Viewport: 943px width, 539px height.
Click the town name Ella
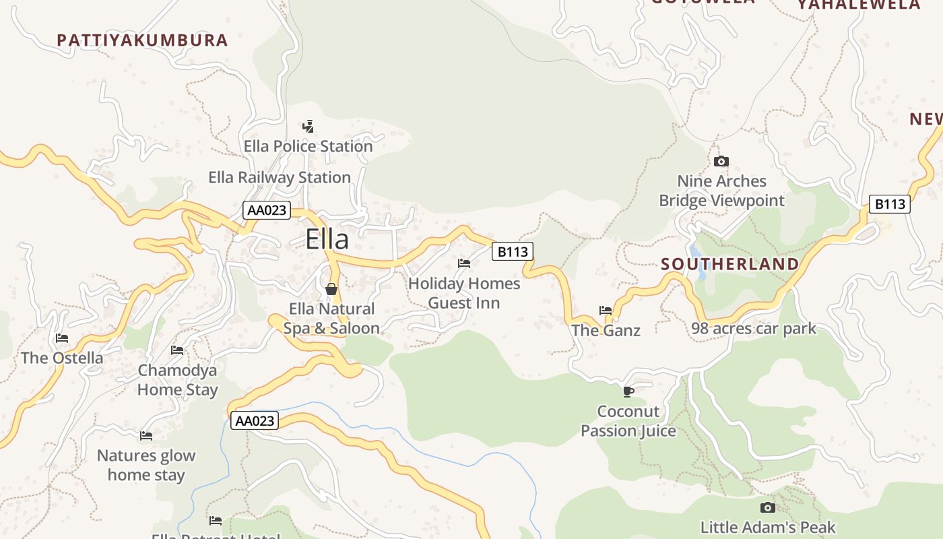[327, 240]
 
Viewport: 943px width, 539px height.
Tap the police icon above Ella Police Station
[308, 126]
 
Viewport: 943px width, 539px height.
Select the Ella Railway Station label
[280, 177]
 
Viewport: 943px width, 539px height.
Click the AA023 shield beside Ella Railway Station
[267, 210]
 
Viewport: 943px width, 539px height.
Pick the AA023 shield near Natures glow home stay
[254, 421]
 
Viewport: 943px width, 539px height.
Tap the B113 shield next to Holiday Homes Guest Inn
[513, 252]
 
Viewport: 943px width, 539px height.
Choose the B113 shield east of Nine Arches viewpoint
[889, 203]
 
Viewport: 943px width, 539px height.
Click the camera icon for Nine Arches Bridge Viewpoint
[721, 162]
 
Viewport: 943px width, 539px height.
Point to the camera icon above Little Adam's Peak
[767, 507]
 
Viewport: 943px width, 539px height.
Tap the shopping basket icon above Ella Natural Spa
[331, 289]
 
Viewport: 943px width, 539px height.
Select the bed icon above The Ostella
[62, 338]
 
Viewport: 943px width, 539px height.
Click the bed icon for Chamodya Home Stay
[177, 350]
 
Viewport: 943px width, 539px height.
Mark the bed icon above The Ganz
[606, 311]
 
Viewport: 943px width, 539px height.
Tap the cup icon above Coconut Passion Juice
[628, 391]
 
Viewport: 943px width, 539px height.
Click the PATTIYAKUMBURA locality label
[143, 40]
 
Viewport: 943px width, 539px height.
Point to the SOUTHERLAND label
[730, 264]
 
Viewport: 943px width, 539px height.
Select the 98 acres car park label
[754, 329]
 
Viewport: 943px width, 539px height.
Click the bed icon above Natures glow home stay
[145, 436]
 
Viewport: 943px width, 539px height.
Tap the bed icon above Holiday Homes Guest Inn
[464, 263]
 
